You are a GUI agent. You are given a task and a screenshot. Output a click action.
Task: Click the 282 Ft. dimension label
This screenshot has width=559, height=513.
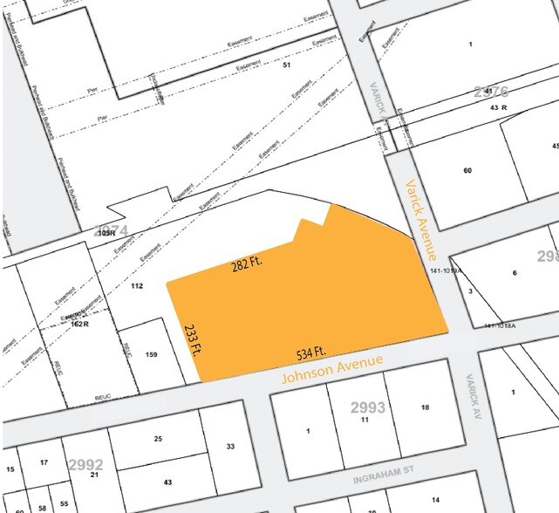click(x=248, y=263)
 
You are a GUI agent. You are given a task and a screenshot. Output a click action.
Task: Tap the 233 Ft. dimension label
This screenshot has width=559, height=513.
click(x=192, y=339)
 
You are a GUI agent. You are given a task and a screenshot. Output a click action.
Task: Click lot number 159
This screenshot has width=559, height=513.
click(x=151, y=354)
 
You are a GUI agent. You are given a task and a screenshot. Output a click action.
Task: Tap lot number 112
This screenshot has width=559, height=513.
click(x=136, y=286)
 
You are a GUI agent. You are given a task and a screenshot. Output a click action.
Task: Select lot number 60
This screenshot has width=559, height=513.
click(x=467, y=170)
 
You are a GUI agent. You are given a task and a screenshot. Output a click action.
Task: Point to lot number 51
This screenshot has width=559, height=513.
click(x=285, y=65)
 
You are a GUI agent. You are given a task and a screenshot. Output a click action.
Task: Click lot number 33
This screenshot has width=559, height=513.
click(x=230, y=447)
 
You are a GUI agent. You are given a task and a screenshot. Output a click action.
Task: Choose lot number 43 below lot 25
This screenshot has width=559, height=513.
click(x=167, y=482)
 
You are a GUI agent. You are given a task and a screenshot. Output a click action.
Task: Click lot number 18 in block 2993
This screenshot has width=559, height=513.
click(x=425, y=407)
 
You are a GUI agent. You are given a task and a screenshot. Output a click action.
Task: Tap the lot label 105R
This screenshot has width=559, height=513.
click(x=107, y=233)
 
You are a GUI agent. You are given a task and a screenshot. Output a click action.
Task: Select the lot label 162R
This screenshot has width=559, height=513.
click(x=81, y=323)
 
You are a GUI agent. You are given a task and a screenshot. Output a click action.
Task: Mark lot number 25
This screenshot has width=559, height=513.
click(x=158, y=438)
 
